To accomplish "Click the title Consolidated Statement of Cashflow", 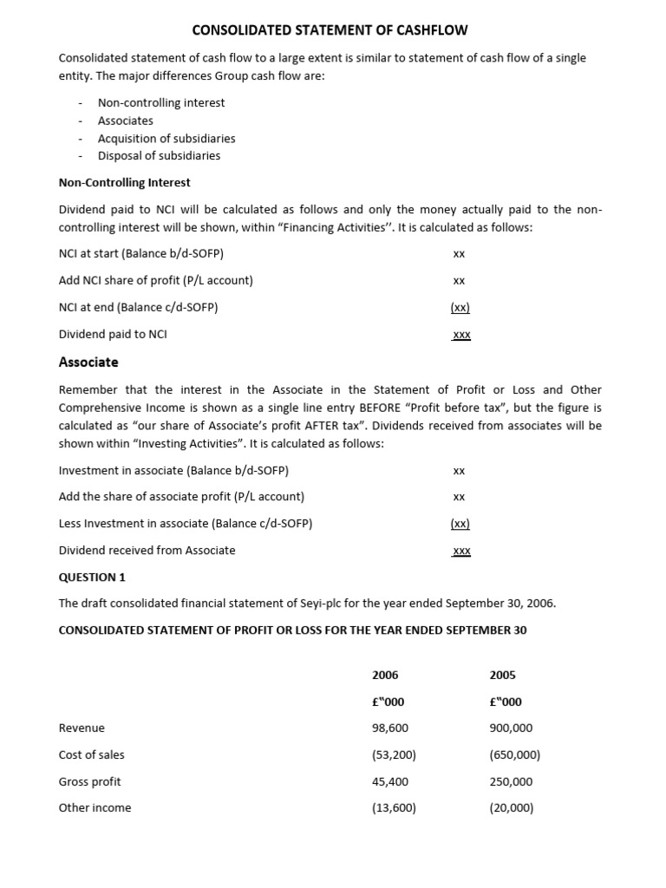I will [330, 30].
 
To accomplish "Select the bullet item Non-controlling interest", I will [160, 102].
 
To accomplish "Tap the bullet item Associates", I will [125, 121].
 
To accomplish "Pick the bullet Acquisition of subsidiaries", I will [166, 138].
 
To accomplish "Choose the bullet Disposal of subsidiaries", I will [159, 155].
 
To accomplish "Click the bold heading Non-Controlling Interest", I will [124, 182].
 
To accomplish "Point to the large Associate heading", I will [88, 362].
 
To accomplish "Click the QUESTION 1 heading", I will [92, 577].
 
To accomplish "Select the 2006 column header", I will [385, 675].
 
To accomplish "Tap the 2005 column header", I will [503, 675].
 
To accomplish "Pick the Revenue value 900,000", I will [512, 728].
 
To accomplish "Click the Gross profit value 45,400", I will [390, 781].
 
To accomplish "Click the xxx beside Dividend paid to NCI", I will [460, 334].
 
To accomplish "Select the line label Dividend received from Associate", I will [147, 550].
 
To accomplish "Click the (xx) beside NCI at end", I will [460, 307].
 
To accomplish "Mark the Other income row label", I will [95, 807].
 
